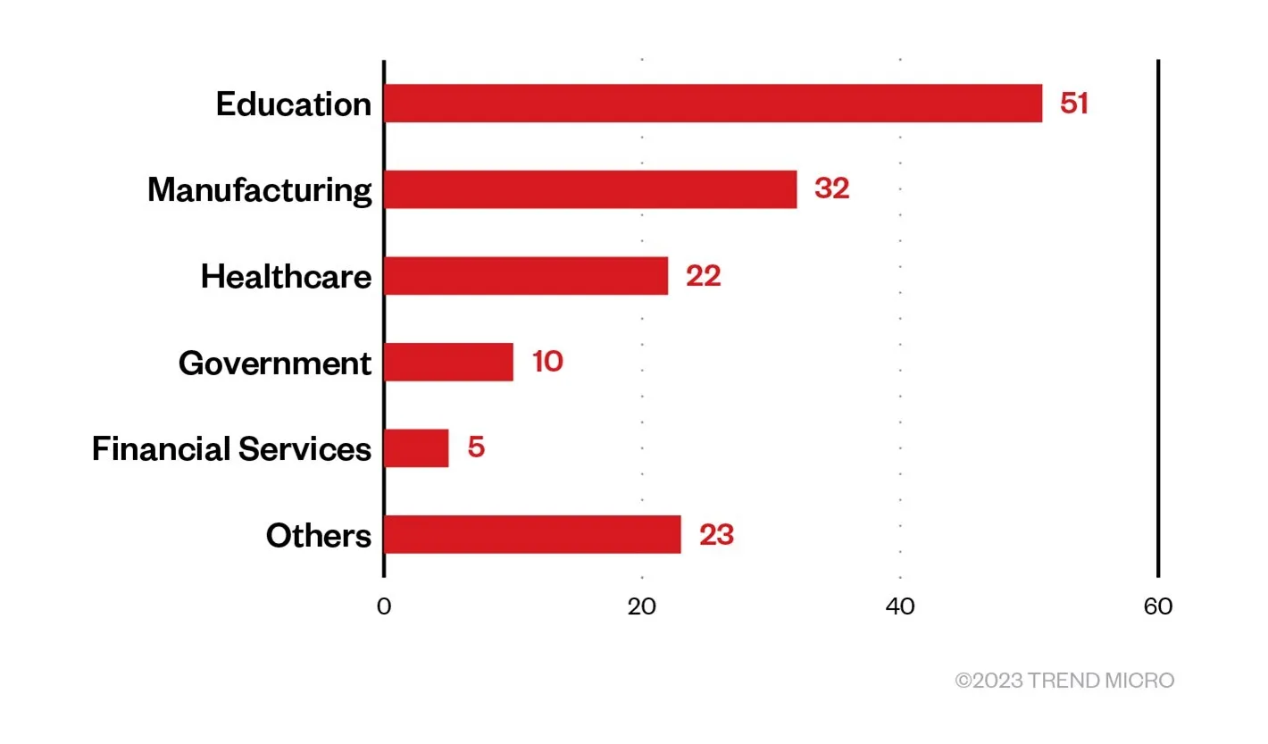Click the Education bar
[x=713, y=104]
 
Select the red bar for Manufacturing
[x=590, y=189]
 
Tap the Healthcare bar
[x=526, y=276]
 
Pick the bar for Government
[x=449, y=362]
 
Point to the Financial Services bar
[x=417, y=448]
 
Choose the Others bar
[x=532, y=534]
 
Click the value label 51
[x=1074, y=104]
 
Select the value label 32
[x=831, y=189]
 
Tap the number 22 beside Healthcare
[x=703, y=276]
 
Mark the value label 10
[x=547, y=362]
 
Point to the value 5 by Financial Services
[x=476, y=448]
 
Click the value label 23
[x=716, y=535]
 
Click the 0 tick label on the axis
[x=384, y=606]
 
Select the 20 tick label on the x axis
[x=642, y=606]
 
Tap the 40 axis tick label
[x=900, y=606]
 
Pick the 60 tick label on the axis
[x=1158, y=606]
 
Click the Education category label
[x=293, y=104]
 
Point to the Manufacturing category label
[x=259, y=190]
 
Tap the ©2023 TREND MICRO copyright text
[x=1064, y=681]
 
